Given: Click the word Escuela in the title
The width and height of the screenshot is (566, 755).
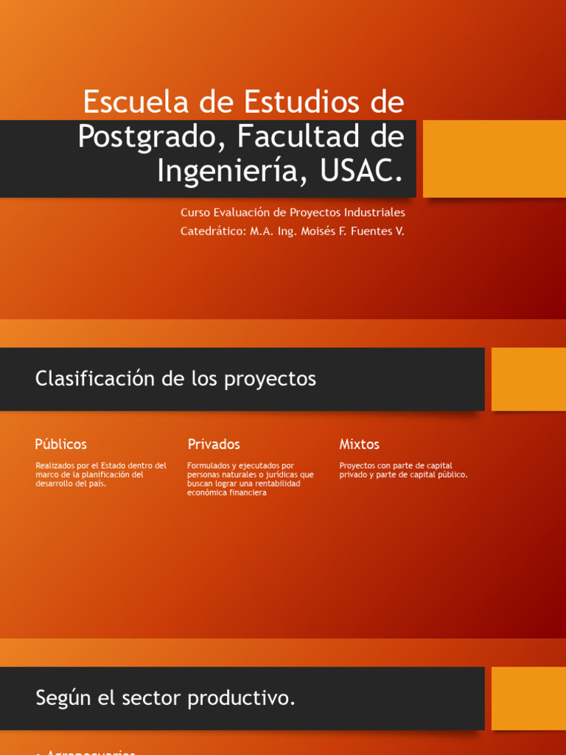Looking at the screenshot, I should (136, 102).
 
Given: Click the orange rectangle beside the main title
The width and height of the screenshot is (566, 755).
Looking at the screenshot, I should (495, 159).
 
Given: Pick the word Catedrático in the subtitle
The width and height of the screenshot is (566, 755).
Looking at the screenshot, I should (212, 232).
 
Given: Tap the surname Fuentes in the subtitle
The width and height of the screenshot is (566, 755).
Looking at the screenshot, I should (366, 232).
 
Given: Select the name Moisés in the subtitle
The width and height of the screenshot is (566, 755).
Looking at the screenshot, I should (318, 232).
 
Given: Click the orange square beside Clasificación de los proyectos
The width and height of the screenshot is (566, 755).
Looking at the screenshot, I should (528, 379).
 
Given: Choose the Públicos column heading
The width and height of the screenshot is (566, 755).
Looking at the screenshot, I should (60, 445).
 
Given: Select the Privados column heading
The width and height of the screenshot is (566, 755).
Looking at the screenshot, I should (214, 445).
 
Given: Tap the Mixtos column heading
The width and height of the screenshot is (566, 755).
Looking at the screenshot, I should (359, 445).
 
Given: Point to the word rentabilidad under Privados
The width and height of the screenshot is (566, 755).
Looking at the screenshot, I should (276, 484).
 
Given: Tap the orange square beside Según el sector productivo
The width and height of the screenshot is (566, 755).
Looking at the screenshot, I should (528, 698).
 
